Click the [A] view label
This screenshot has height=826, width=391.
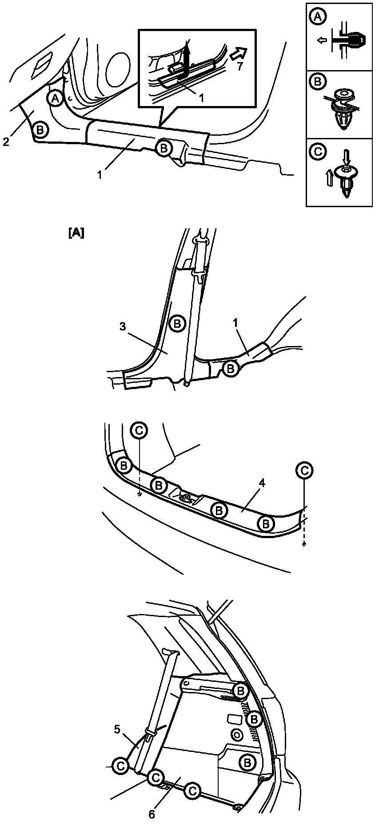pyautogui.click(x=76, y=233)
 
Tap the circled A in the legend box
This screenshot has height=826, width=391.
pyautogui.click(x=317, y=17)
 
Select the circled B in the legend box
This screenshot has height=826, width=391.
pyautogui.click(x=317, y=82)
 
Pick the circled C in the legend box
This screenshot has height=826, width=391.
pyautogui.click(x=317, y=151)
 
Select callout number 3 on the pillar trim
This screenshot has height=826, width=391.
pyautogui.click(x=123, y=326)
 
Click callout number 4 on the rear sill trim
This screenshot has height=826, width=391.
pyautogui.click(x=262, y=483)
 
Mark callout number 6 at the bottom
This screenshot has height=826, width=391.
pyautogui.click(x=152, y=814)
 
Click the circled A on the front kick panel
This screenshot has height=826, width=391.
pyautogui.click(x=55, y=98)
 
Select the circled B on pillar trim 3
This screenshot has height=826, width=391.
pyautogui.click(x=177, y=323)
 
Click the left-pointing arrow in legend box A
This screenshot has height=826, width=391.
pyautogui.click(x=323, y=41)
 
